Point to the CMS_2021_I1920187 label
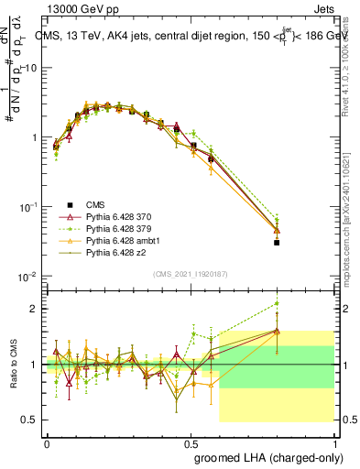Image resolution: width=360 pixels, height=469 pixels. click(191, 274)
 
